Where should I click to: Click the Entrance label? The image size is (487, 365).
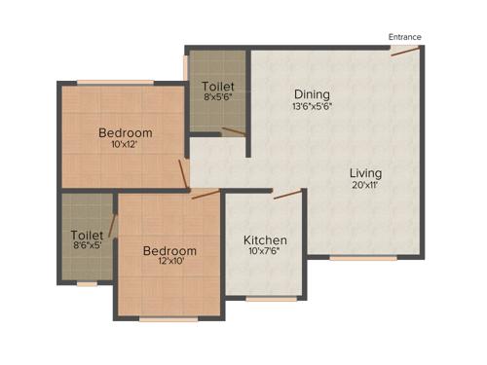[x=405, y=37]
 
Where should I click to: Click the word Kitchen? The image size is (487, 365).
[x=264, y=239]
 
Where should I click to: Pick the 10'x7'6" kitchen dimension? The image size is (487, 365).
[x=264, y=252]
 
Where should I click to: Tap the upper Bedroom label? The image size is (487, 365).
[x=125, y=132]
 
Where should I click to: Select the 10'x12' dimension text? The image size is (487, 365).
[x=125, y=145]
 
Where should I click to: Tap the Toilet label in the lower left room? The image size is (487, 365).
[x=87, y=235]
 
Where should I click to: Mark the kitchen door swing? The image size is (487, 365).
[x=286, y=194]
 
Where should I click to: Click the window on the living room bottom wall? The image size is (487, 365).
[x=363, y=258]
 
